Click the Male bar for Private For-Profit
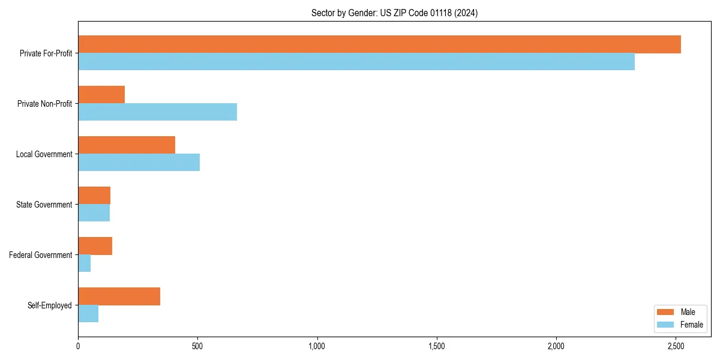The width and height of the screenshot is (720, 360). [x=379, y=44]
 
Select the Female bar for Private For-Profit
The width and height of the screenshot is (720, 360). [x=356, y=62]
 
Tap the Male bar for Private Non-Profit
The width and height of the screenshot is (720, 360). [x=101, y=95]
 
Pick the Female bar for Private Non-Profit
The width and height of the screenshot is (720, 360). [x=157, y=112]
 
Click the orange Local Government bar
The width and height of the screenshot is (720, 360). [x=127, y=145]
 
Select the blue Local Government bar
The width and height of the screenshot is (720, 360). [x=139, y=163]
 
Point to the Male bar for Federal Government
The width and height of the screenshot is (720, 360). [x=95, y=246]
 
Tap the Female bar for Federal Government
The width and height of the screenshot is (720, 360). [x=85, y=263]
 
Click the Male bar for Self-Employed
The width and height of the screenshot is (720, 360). [x=119, y=296]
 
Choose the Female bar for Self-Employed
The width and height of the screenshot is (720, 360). [x=88, y=314]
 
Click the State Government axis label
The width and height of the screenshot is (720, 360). [x=44, y=205]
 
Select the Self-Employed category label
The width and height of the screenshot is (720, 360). [x=49, y=305]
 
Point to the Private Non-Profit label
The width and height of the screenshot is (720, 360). [x=44, y=104]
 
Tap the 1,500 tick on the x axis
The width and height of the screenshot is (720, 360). [x=437, y=346]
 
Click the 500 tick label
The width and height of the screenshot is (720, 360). [x=197, y=346]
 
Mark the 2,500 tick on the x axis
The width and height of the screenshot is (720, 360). [x=676, y=346]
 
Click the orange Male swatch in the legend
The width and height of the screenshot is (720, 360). [x=666, y=312]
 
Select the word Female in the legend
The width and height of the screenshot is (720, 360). [x=692, y=325]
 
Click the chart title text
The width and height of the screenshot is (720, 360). [x=394, y=13]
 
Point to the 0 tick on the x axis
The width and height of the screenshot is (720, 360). [x=78, y=346]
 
